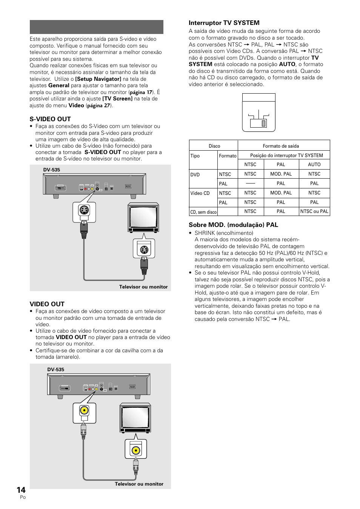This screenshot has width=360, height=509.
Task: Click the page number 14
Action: pyautogui.click(x=21, y=490)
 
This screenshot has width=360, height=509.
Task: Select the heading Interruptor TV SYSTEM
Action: pyautogui.click(x=224, y=23)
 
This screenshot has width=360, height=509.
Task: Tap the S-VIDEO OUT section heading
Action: pyautogui.click(x=50, y=119)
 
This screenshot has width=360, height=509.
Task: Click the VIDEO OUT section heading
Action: pyautogui.click(x=47, y=304)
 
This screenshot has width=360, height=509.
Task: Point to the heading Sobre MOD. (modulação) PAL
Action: pyautogui.click(x=233, y=225)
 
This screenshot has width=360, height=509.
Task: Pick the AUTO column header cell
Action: pyautogui.click(x=314, y=165)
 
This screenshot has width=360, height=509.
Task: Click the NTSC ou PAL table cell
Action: pyautogui.click(x=314, y=211)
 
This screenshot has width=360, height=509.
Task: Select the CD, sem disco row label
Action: pyautogui.click(x=203, y=212)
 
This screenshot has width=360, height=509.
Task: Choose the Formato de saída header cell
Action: pyautogui.click(x=281, y=146)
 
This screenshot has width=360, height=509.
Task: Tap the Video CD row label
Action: pyautogui.click(x=200, y=193)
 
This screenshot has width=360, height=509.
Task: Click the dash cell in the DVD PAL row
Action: pyautogui.click(x=250, y=184)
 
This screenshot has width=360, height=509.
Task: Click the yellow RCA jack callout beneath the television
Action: pyautogui.click(x=135, y=450)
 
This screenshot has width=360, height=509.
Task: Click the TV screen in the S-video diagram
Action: pyautogui.click(x=143, y=218)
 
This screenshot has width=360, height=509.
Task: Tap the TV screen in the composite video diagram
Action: pyautogui.click(x=135, y=418)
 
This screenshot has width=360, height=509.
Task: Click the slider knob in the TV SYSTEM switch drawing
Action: pyautogui.click(x=264, y=123)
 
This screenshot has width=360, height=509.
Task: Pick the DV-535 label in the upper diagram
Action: pyautogui.click(x=52, y=170)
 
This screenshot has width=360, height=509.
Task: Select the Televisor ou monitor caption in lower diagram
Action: pyautogui.click(x=139, y=484)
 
